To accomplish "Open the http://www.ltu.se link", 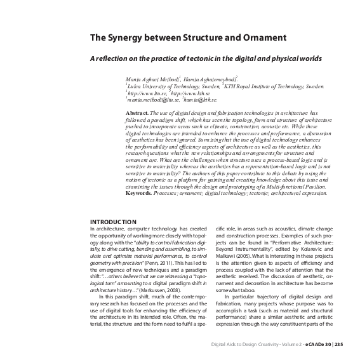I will tap(147, 92).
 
